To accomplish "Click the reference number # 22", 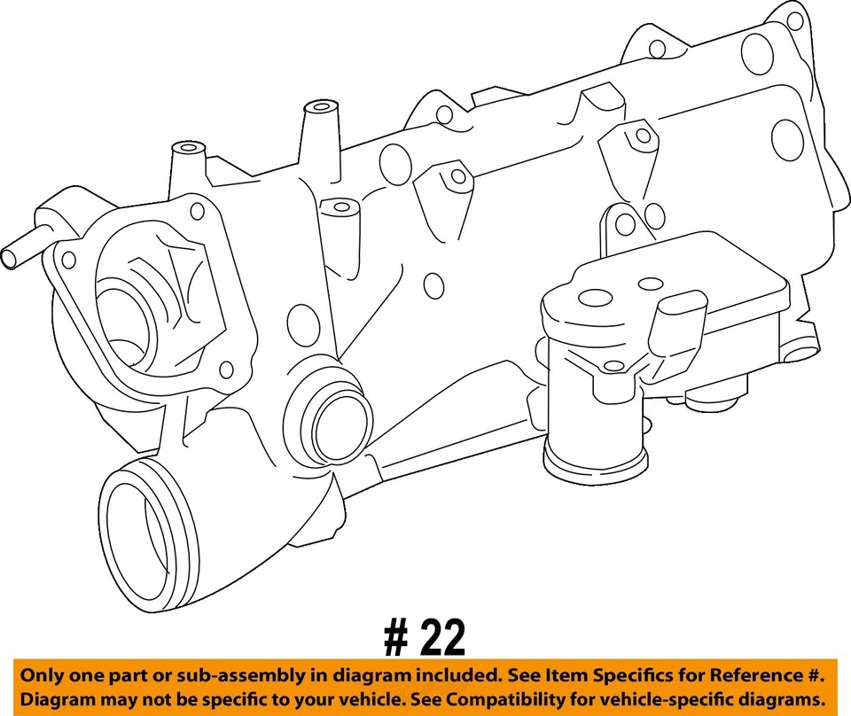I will coord(424,637).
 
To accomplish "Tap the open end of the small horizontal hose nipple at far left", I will coord(8,258).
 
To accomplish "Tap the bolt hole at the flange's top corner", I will coord(197,210).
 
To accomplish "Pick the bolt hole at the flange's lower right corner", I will coord(226,369).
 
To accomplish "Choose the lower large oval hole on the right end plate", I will coord(787,139).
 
